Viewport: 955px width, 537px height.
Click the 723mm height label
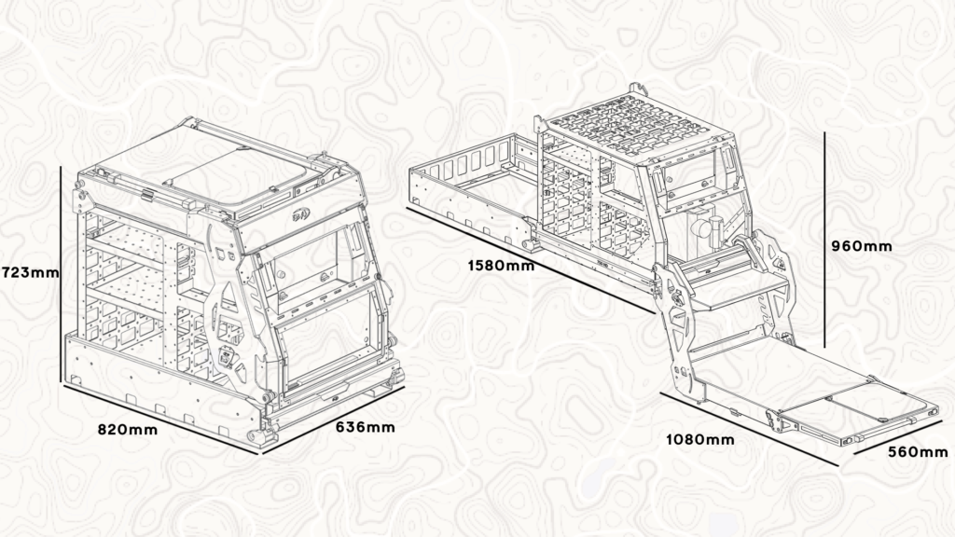tap(30, 272)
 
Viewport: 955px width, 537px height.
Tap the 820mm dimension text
tap(128, 430)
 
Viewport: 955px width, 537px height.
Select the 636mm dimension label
tap(366, 427)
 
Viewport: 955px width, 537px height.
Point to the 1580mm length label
tap(501, 266)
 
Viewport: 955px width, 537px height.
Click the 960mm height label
tap(862, 246)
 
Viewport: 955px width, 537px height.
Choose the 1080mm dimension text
tap(699, 439)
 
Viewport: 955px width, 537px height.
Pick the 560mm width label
tap(918, 452)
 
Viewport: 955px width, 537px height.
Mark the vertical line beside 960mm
tap(824, 240)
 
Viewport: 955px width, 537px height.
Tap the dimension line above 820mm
tap(160, 419)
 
